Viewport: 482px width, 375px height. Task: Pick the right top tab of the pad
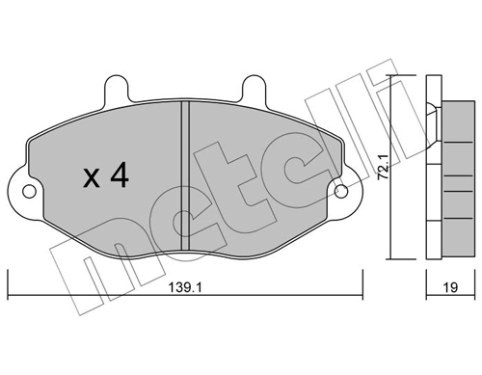(254, 89)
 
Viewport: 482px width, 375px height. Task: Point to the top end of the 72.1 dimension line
(392, 76)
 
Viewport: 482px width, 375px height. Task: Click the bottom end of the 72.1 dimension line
(392, 258)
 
